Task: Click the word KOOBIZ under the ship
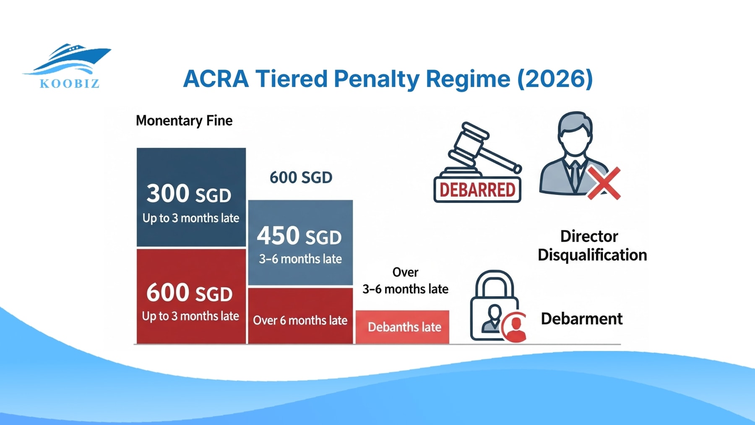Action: pos(70,83)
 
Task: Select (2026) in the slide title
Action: pos(555,79)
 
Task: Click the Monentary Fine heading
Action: pos(184,121)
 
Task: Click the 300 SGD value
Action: pos(189,194)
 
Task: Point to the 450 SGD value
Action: pos(299,236)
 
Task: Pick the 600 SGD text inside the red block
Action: pos(189,292)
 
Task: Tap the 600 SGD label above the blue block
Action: pos(300,177)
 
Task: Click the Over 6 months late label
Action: pos(300,321)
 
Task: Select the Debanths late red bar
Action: pos(403,327)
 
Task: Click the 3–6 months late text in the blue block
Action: pos(300,259)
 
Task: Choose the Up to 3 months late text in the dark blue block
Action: pos(190,218)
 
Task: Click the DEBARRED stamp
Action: pos(477,190)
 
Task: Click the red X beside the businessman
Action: pos(603,183)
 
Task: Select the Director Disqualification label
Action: pos(591,246)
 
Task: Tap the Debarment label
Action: pos(581,319)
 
